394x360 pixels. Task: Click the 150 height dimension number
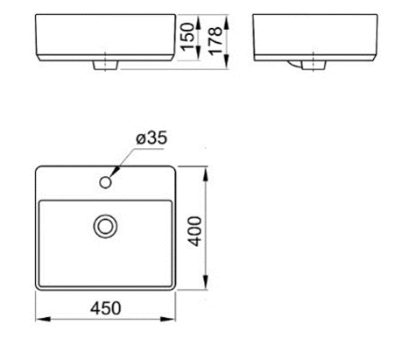coord(186,39)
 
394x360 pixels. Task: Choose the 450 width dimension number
coord(104,308)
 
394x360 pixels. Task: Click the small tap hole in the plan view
coord(106,182)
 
